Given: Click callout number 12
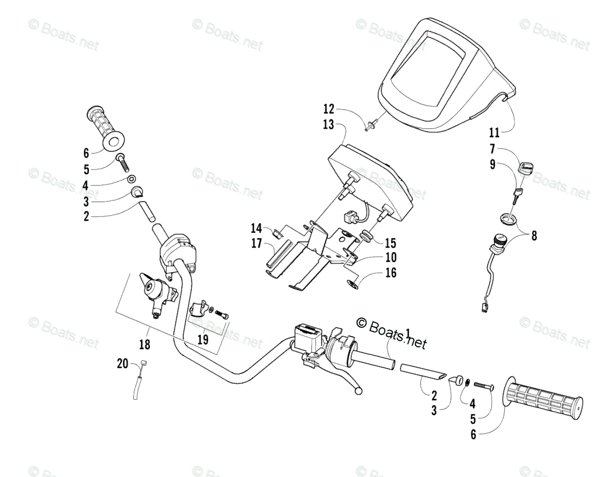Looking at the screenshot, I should [328, 109].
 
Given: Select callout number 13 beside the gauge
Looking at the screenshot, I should [328, 124].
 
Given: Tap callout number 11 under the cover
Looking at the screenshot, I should [494, 133].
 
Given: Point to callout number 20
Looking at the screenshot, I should [122, 364].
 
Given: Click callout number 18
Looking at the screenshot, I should [145, 344].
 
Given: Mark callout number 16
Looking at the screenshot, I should [391, 273].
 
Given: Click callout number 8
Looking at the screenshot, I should [534, 236].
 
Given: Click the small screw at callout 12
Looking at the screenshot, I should [371, 123].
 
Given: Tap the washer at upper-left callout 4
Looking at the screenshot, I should [131, 179].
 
